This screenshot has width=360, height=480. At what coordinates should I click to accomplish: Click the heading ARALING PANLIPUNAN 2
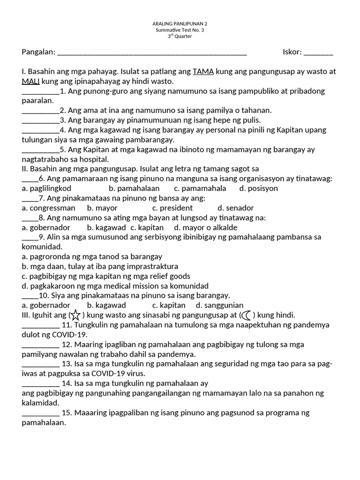coord(180,23)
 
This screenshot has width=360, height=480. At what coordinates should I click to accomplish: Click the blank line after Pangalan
coord(152,53)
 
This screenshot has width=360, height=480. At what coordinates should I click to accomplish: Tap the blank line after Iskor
coord(318,53)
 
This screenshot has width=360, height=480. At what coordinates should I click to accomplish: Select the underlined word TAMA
coord(203,72)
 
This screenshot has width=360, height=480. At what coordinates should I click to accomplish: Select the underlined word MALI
coord(30,82)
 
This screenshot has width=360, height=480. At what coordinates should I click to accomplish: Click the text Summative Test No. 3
coord(180,30)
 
